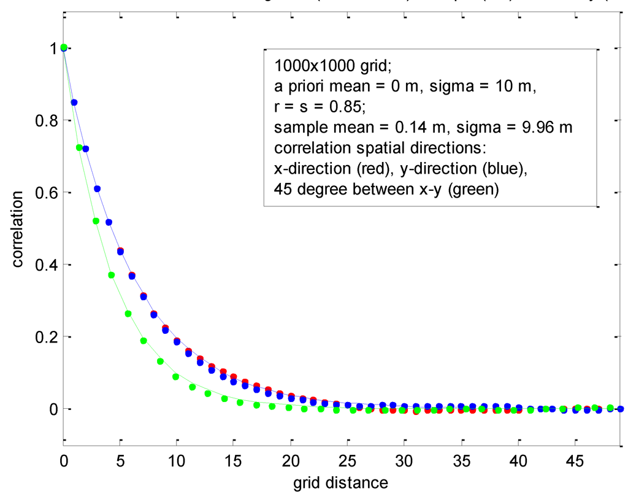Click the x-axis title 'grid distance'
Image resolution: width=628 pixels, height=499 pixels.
point(341,483)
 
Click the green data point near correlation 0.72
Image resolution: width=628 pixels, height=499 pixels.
point(79,147)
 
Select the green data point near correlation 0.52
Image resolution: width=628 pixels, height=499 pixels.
point(96,221)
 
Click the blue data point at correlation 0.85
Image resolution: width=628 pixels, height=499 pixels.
point(74,103)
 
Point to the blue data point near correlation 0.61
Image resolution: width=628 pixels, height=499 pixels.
point(97,188)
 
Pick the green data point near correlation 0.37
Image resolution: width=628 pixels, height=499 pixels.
point(112,275)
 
